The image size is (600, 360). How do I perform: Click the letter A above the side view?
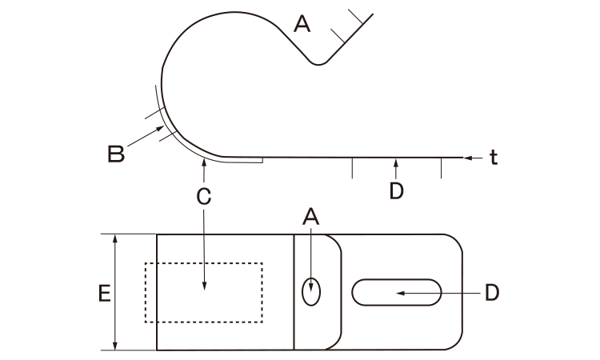(x=302, y=24)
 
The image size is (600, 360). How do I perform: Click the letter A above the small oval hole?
(x=310, y=217)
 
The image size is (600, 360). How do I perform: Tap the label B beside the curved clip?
(x=116, y=154)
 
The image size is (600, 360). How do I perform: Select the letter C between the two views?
(x=203, y=197)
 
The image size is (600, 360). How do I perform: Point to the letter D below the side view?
(x=397, y=191)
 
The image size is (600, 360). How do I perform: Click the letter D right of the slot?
(x=492, y=293)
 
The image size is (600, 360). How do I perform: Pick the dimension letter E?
(x=105, y=294)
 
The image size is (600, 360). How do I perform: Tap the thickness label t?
(x=494, y=158)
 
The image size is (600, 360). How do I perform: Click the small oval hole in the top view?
(x=311, y=292)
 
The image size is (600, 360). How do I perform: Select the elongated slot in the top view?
(x=397, y=293)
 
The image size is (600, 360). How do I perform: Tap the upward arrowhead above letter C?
(x=204, y=163)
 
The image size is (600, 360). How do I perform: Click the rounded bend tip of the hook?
(x=318, y=63)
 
